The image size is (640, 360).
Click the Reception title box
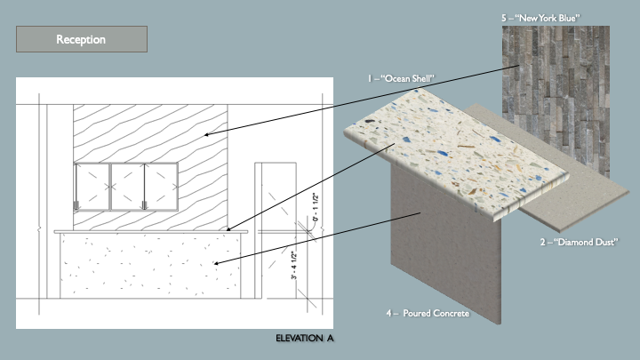81,39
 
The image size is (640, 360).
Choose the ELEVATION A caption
305,339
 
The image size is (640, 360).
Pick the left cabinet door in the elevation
92,187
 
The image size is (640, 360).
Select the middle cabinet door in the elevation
126,187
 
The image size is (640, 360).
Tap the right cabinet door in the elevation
161,187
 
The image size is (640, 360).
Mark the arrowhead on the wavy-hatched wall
205,135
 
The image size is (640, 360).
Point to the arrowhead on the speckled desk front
217,264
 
